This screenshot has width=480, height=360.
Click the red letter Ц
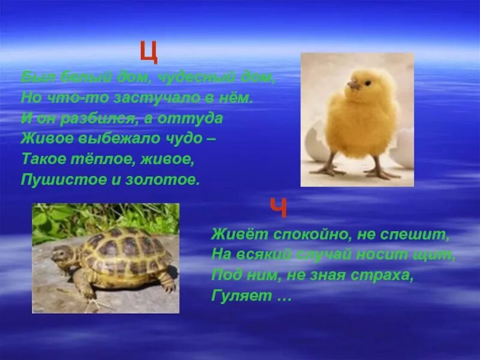coord(149,52)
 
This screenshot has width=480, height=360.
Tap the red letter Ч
coord(278,209)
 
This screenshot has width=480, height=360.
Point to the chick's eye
coord(362,82)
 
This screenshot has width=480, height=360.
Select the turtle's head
coord(61,256)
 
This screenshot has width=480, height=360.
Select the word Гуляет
coord(235,296)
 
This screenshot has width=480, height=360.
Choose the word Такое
coord(41,160)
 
